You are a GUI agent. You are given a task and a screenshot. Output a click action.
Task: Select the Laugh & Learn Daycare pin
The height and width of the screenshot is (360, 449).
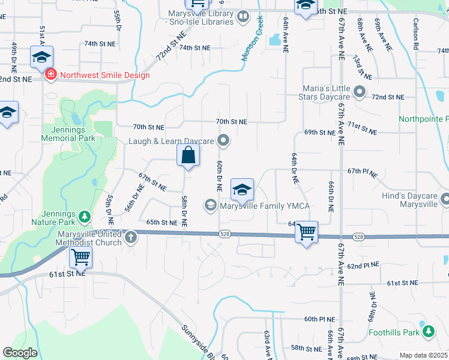pos(224,141)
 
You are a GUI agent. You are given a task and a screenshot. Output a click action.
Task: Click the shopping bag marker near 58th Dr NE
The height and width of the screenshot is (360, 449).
pos(188,155)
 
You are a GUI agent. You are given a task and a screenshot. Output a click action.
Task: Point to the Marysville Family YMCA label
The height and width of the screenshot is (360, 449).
pos(264,206)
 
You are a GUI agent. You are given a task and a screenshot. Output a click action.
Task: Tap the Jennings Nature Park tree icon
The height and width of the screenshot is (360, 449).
pos(85,216)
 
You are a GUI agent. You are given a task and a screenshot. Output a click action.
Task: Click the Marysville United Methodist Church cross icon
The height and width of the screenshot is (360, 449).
pos(131,238)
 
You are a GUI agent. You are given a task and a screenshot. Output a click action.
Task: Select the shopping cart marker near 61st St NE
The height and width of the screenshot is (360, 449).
pos(80,258)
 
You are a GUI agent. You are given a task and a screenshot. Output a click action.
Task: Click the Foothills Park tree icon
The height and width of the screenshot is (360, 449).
pos(428,331)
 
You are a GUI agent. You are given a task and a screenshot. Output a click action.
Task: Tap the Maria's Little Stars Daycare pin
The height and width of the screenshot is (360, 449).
pos(360,92)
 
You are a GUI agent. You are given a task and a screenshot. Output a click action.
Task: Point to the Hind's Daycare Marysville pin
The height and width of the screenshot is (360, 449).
pos(444,199)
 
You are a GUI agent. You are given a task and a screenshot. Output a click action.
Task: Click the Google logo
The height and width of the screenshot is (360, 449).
pos(20,353)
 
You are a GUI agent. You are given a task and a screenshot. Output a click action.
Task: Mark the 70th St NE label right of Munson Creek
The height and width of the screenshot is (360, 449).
pos(232,122)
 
